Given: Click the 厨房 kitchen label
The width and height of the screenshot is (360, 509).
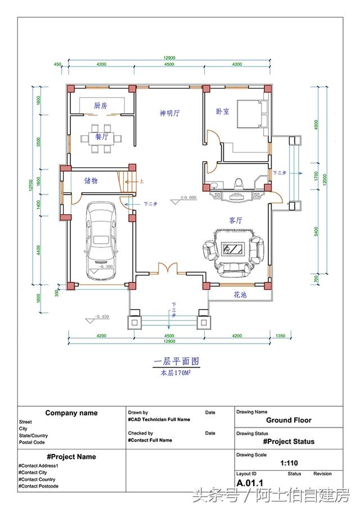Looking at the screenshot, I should [x=101, y=105].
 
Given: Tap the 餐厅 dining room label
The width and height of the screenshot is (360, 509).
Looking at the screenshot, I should [x=101, y=137].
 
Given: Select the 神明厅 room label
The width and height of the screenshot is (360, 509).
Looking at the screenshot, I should [x=169, y=113].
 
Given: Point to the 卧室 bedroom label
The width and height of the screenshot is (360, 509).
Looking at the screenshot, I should [x=223, y=111].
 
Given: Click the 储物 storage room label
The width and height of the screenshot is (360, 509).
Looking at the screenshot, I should [x=91, y=181].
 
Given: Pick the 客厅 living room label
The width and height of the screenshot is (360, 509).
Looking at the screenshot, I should [x=236, y=220].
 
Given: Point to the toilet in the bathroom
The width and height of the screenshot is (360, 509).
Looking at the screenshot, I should [x=238, y=183].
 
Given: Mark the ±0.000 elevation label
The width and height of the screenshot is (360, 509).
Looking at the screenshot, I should [x=188, y=198].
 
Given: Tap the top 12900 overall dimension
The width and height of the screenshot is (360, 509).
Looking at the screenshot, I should [x=169, y=58].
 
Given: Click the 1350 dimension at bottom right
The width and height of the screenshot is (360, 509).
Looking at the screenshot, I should [x=280, y=336].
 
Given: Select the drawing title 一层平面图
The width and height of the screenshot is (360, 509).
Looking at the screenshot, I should [x=177, y=361].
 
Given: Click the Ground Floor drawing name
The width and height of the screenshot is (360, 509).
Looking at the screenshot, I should [x=289, y=420].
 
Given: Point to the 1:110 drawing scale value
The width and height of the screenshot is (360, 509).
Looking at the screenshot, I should [x=289, y=464].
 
